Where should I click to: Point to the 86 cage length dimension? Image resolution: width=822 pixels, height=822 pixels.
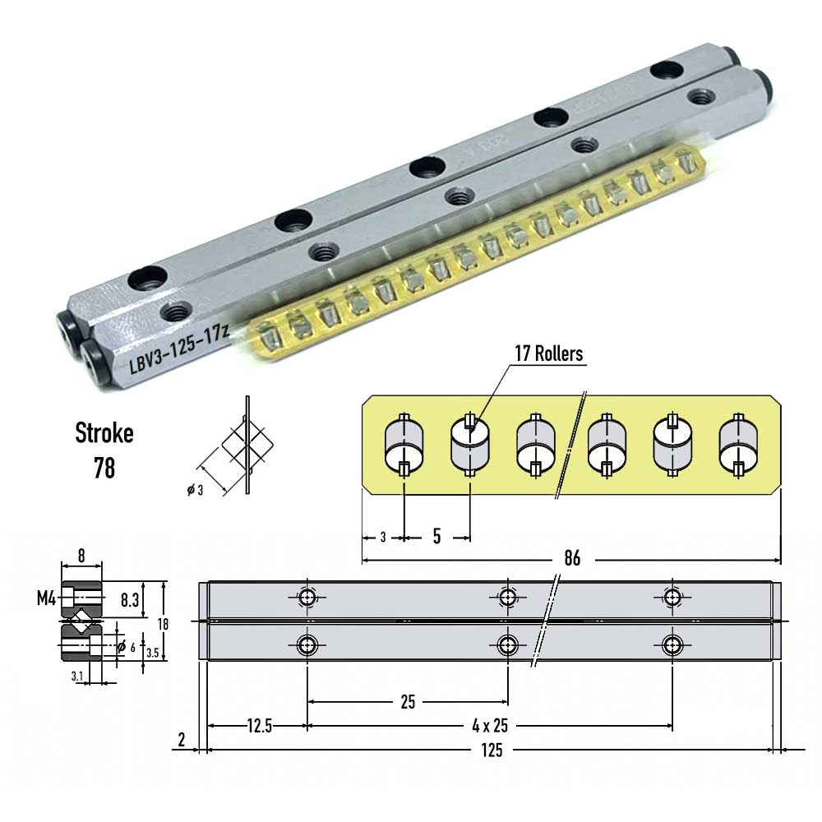(572, 559)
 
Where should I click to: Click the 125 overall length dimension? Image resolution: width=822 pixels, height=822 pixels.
(492, 750)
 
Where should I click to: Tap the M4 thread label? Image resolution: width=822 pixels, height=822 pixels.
(45, 598)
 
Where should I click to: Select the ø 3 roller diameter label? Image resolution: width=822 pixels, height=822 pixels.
(195, 491)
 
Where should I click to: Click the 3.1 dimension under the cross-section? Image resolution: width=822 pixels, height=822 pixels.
(76, 675)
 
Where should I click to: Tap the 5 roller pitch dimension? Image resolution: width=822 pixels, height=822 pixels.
(436, 538)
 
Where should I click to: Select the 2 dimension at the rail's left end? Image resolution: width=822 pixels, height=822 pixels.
(182, 740)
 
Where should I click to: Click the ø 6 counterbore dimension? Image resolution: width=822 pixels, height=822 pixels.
(125, 647)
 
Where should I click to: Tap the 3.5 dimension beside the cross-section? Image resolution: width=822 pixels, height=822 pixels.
(152, 653)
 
